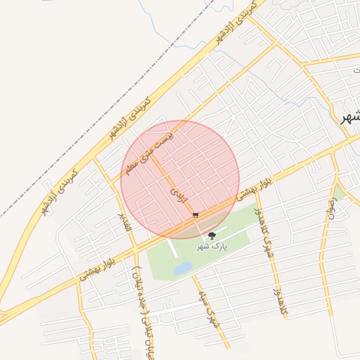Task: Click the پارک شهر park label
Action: (x=212, y=247)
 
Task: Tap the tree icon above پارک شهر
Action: (x=212, y=236)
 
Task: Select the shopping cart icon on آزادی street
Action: (x=195, y=214)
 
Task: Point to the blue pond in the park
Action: (x=182, y=268)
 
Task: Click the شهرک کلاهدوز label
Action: (x=263, y=234)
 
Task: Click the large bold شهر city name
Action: (x=349, y=117)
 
